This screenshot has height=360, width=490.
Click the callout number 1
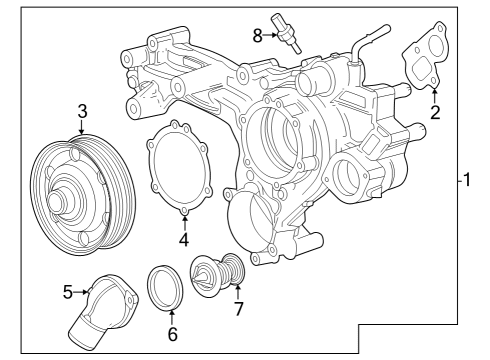coord(466,182)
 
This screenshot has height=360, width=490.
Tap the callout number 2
coord(435,111)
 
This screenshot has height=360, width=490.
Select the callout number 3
coord(83,111)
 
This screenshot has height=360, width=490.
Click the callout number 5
coord(68,293)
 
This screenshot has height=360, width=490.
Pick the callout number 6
coord(171,334)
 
